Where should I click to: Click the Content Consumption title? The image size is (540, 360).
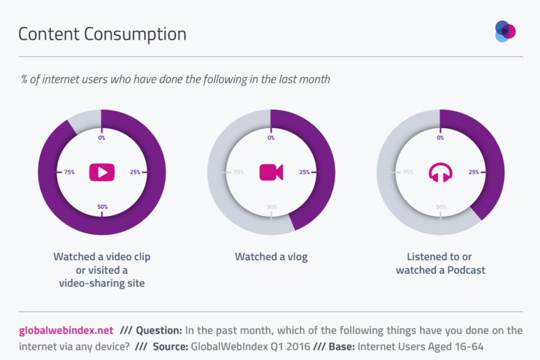click(102, 34)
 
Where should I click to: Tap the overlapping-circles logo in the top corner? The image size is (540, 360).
click(505, 31)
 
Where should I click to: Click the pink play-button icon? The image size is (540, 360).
click(101, 172)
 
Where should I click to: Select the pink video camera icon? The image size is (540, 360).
click(270, 172)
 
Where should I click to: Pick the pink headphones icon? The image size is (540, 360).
click(440, 172)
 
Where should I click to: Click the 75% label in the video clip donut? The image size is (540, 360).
click(69, 172)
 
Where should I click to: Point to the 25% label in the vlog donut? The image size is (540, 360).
click(304, 172)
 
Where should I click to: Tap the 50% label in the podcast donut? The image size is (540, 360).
click(441, 207)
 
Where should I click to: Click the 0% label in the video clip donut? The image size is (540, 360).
click(101, 138)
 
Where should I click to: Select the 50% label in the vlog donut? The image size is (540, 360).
click(272, 207)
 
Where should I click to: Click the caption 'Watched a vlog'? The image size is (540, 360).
click(271, 257)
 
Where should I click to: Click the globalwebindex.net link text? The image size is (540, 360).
click(65, 330)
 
